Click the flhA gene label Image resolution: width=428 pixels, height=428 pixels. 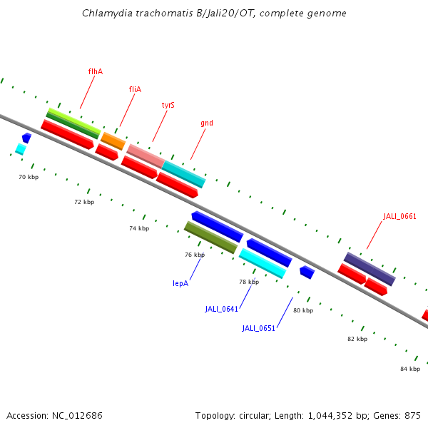95,71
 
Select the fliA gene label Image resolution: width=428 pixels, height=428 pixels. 135,89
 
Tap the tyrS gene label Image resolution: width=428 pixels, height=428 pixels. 168,105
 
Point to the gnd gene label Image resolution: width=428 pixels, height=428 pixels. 207,123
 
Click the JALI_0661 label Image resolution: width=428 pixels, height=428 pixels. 399,216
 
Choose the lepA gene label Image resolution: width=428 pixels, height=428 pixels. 180,283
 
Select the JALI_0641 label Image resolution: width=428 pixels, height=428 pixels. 220,309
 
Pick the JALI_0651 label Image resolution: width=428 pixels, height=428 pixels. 258,328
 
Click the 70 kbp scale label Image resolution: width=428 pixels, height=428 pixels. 29,176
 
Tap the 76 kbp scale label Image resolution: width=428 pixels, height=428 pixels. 195,255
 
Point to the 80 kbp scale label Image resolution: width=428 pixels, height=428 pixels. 303,310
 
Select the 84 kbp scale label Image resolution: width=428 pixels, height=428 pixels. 410,368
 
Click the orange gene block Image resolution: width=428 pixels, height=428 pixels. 113,141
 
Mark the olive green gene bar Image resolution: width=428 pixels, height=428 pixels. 210,237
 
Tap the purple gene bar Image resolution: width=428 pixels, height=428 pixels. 369,268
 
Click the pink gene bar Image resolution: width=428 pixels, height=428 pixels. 146,156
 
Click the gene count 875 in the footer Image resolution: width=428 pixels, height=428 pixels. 412,415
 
